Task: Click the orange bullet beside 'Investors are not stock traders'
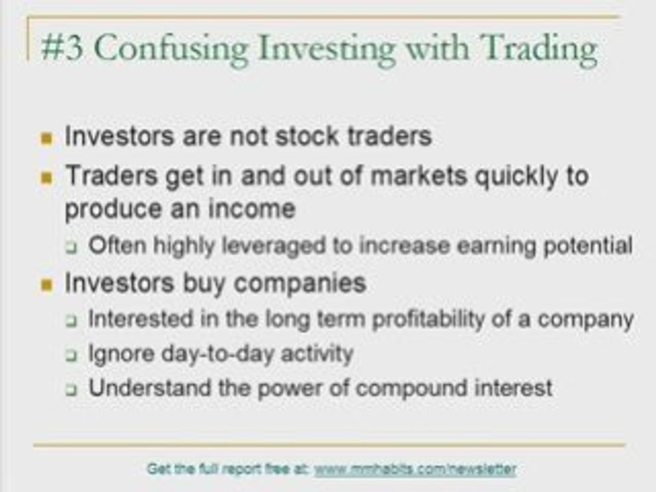pyautogui.click(x=46, y=139)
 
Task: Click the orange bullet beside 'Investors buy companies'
pyautogui.click(x=46, y=285)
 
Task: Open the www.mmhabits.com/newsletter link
pyautogui.click(x=415, y=469)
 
